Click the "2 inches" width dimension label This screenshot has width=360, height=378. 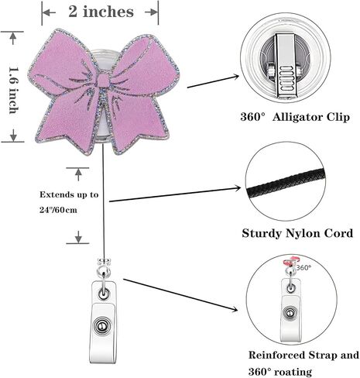101,12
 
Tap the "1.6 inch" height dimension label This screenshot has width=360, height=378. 14,91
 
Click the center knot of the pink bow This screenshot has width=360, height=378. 104,80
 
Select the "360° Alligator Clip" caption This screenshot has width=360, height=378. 295,117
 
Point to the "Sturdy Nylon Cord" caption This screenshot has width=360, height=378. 297,233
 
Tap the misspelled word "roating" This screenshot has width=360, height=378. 293,372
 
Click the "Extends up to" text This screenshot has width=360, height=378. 69,194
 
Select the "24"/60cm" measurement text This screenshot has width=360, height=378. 58,210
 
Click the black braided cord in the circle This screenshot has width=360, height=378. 286,184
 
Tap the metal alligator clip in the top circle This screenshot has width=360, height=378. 286,66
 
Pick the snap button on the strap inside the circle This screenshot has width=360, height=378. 290,313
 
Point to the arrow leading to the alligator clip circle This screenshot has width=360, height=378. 213,81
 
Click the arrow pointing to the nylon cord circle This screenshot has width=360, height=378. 175,194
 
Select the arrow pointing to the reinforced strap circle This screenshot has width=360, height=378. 180,295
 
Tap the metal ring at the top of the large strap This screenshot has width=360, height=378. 104,271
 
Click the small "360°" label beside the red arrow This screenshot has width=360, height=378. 303,268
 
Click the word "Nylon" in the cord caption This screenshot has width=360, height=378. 303,234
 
